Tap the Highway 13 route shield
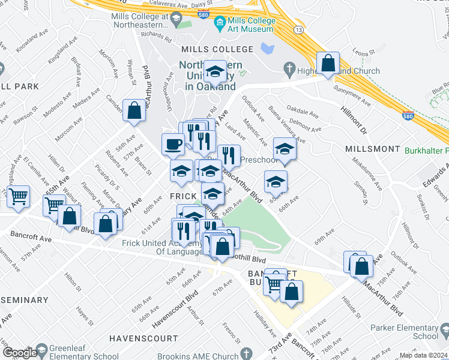(298, 29)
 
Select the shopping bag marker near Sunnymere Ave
(328, 64)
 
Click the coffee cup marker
(173, 145)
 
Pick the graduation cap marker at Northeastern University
(214, 73)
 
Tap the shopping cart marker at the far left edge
(19, 196)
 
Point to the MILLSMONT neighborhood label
(372, 148)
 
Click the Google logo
(20, 352)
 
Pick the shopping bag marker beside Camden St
(134, 110)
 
